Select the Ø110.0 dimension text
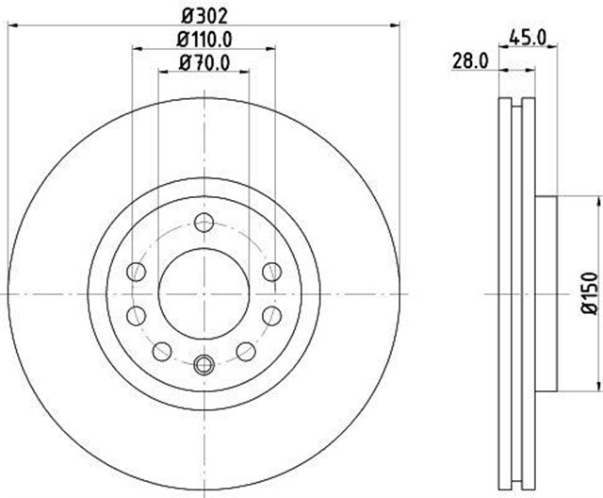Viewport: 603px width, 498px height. click(204, 39)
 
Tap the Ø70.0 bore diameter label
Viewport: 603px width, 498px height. click(204, 63)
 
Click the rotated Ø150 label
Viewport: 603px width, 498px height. click(590, 292)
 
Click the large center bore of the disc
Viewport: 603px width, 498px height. click(204, 293)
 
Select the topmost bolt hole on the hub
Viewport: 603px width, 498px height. click(204, 223)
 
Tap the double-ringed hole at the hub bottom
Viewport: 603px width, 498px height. click(204, 364)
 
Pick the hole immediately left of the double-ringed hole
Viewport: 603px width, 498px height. click(162, 352)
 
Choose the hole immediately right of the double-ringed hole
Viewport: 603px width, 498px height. click(246, 352)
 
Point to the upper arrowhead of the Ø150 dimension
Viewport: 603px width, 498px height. click(597, 200)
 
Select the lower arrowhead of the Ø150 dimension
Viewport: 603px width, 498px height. click(597, 386)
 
